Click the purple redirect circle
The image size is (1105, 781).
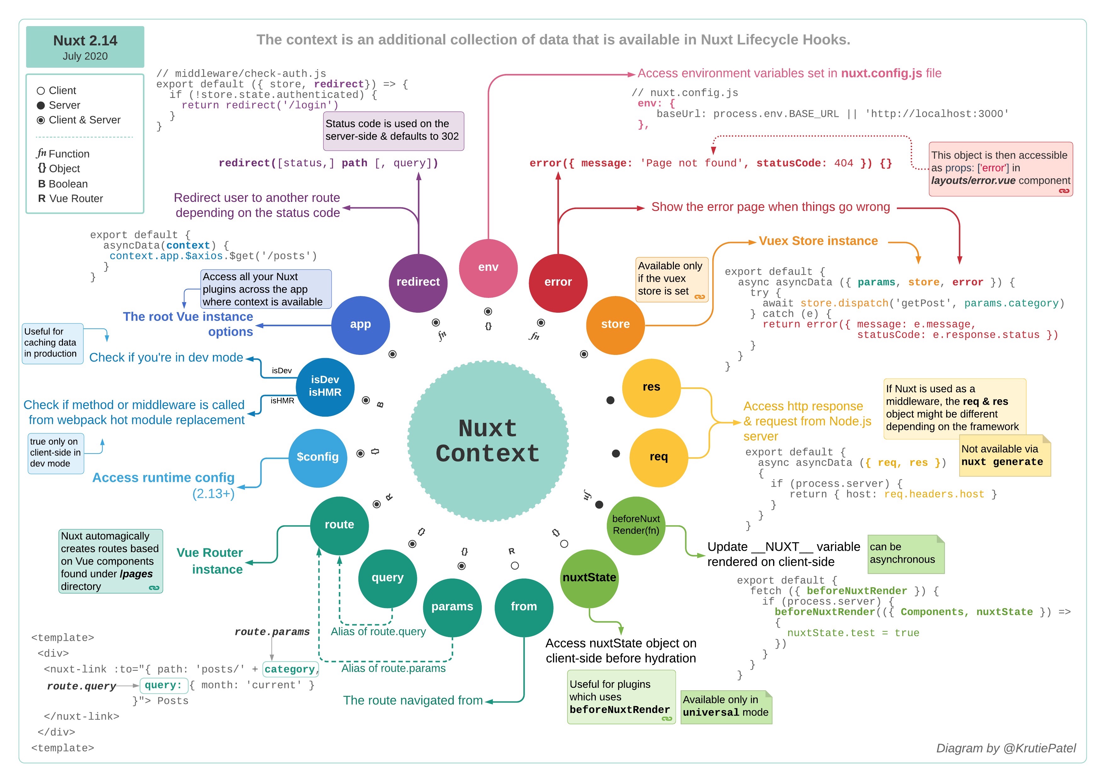(x=418, y=283)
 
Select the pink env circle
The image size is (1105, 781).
(x=488, y=268)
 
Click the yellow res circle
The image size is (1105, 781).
(x=651, y=387)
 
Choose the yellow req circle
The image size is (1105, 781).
(x=658, y=458)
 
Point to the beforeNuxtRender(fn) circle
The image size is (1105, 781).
(x=636, y=526)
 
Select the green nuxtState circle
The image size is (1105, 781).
(x=589, y=579)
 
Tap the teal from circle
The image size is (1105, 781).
(x=524, y=607)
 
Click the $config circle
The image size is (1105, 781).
(x=318, y=458)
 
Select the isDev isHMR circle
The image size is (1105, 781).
(x=325, y=387)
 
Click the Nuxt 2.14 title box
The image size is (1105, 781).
(x=85, y=47)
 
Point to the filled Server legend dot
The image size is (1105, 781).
(x=41, y=105)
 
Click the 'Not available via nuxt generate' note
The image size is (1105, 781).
(x=1005, y=455)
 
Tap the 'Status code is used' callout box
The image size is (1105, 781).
(x=393, y=131)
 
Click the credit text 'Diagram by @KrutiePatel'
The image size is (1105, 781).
(x=1006, y=748)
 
